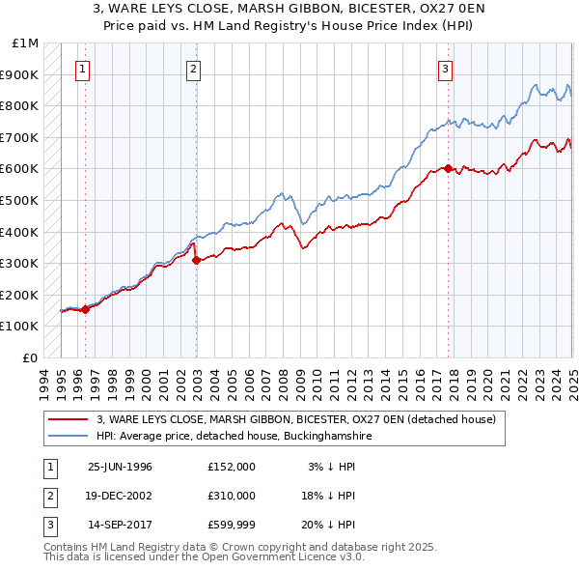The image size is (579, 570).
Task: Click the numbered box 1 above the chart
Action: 83,69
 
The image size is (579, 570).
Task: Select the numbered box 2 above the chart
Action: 194,69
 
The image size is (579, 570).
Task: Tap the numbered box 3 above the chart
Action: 446,69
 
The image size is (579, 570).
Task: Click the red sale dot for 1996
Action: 85,310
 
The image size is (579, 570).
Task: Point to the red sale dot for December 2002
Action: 196,260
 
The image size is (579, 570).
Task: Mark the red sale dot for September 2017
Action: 449,169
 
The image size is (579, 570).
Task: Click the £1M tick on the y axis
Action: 26,43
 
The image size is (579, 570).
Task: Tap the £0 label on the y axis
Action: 30,357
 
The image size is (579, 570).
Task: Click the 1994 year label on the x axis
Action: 44,382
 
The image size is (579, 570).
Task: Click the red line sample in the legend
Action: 68,419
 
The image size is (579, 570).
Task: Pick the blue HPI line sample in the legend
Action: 68,436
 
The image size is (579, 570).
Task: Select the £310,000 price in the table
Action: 232,496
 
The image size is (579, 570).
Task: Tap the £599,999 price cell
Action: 232,525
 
